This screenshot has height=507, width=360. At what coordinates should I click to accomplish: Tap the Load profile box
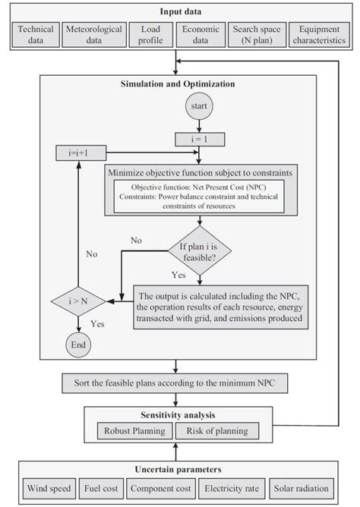tap(146, 35)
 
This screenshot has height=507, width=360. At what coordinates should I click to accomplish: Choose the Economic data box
tap(199, 35)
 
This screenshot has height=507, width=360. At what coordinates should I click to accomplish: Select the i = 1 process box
tap(198, 139)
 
